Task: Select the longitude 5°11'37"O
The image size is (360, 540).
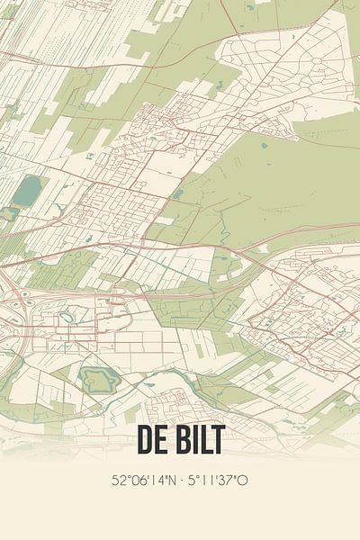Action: (217, 480)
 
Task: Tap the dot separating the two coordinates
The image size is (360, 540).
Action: (181, 480)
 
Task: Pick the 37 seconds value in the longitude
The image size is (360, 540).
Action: (229, 480)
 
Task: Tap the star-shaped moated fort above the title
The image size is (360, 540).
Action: (96, 380)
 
